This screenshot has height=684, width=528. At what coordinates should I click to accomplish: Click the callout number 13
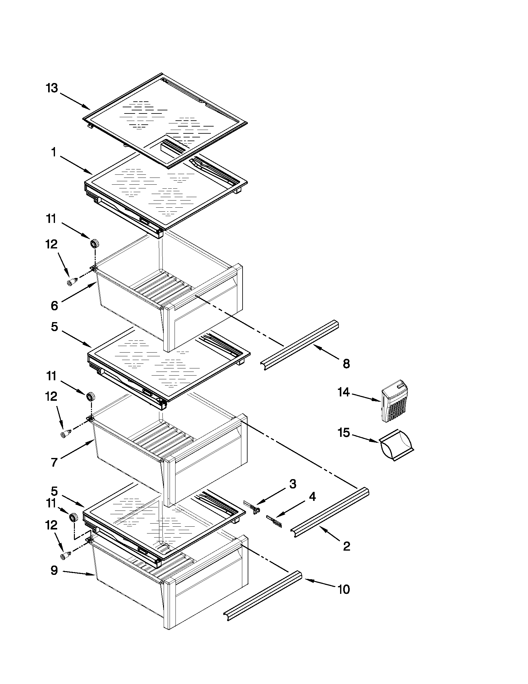click(52, 88)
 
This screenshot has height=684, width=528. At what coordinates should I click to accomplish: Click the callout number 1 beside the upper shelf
click(54, 153)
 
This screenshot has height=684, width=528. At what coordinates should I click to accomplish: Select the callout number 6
click(54, 305)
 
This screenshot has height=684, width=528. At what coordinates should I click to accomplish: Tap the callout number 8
click(346, 364)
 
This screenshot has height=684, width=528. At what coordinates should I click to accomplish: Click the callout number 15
click(344, 433)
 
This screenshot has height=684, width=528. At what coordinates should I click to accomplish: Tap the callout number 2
click(346, 547)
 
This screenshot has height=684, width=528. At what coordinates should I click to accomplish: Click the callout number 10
click(344, 589)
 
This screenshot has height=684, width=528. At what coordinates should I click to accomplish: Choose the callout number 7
click(54, 462)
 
